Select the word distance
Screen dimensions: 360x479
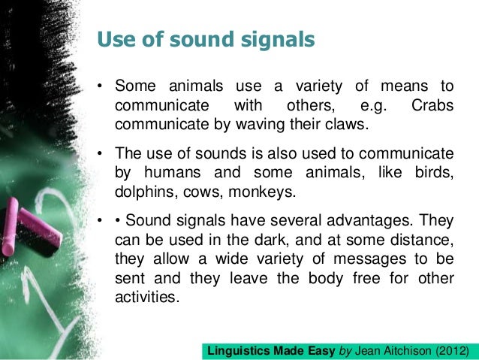click(x=423, y=241)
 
